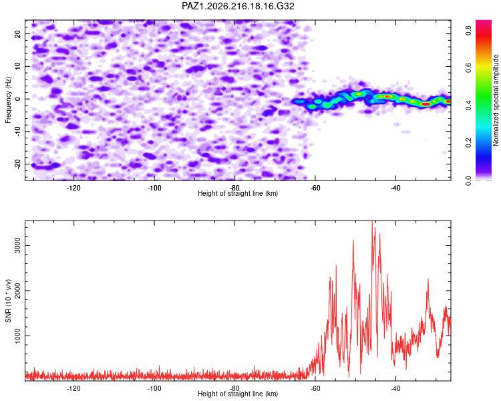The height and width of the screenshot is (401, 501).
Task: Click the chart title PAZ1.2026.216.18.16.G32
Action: coord(238,6)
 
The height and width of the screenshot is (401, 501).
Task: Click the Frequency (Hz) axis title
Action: coord(8,100)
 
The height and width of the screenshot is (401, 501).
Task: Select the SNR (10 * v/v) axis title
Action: coord(8,301)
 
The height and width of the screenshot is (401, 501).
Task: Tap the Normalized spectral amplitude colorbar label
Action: coord(496,100)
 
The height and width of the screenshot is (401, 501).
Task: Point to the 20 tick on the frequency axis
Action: coord(17,33)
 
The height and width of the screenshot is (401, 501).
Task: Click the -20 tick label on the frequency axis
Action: coord(17,164)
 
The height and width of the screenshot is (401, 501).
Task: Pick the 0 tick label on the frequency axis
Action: coord(17,99)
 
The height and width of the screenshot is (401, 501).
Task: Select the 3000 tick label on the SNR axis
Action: coord(17,245)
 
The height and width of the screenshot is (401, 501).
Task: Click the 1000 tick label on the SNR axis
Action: coord(17,336)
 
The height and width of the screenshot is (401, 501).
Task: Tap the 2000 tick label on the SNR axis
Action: coord(17,291)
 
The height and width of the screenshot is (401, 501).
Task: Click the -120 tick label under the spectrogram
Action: coord(73,188)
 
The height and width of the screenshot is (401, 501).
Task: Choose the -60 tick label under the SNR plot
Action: coord(315,388)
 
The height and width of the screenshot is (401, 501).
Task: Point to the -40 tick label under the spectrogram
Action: coord(395,188)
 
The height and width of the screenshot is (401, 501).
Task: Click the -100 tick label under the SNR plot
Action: coord(154,388)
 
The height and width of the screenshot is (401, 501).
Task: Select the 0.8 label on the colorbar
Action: coord(468,30)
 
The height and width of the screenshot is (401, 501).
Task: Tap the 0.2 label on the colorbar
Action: coord(468,142)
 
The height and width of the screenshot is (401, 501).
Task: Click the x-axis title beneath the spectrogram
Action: coord(238,193)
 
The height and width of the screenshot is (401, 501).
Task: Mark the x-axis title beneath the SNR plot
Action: coord(238,394)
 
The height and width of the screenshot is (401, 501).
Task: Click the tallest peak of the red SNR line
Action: coord(372,221)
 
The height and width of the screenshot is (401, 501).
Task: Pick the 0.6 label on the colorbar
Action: coord(468,68)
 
